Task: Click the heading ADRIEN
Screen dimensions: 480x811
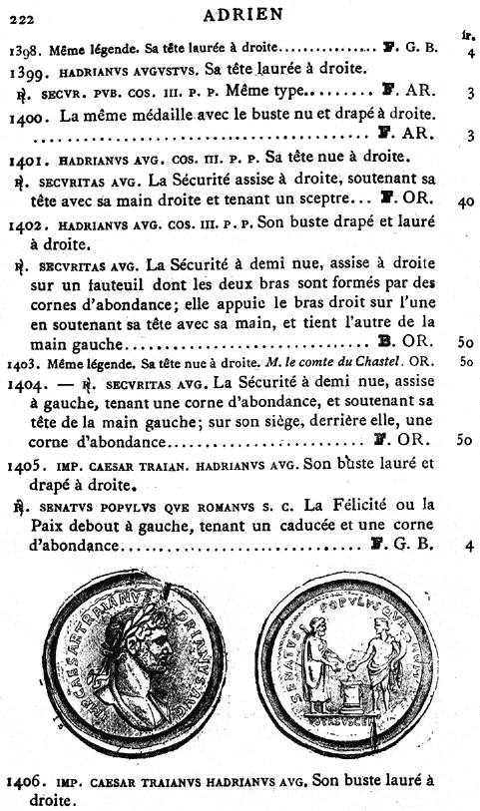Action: pos(242,13)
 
